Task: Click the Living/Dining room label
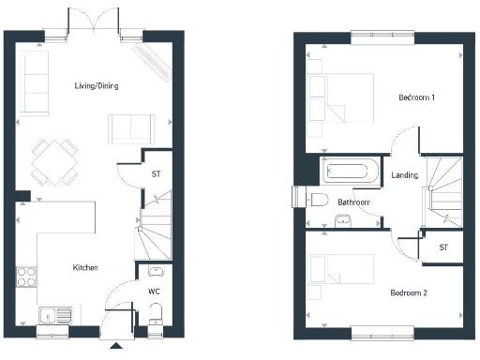coord(97,86)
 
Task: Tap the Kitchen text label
coord(85,268)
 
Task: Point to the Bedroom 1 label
coord(416,97)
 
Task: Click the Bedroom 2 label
coord(409,293)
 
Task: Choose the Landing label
coord(405,175)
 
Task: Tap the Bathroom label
coord(354,202)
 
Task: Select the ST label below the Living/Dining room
coord(155,174)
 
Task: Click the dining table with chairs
coord(54,162)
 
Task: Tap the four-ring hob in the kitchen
coord(26,277)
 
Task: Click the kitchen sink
coord(54,314)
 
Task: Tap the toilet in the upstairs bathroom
coord(319,199)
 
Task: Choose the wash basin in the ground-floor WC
coord(156,273)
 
